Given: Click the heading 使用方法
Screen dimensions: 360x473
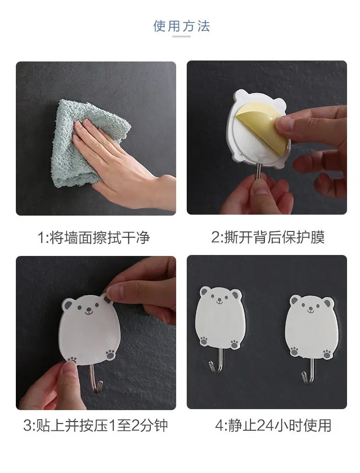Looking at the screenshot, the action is tap(181, 26).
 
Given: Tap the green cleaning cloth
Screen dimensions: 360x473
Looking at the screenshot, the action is tap(90, 143).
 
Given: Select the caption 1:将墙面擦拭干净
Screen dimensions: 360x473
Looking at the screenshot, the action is tap(94, 237).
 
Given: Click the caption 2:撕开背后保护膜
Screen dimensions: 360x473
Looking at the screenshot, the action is tap(268, 237).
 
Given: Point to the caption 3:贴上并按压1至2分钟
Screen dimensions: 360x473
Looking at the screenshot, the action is tap(95, 425).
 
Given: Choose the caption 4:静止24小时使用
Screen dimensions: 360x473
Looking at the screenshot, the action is tap(273, 425).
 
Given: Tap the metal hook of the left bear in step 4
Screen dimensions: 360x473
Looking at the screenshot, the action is tap(217, 361).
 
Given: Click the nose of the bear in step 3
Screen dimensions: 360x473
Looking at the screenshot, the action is tap(88, 310).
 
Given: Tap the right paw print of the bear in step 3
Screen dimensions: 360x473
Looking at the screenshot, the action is tap(110, 354).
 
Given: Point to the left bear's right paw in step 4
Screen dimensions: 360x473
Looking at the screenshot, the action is tap(235, 344).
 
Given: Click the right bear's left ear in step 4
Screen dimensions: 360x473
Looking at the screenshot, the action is tap(294, 301).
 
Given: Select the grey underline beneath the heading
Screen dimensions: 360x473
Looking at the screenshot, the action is tap(181, 37).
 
